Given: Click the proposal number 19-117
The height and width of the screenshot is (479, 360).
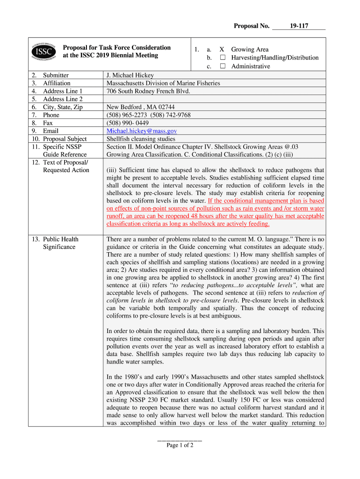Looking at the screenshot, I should (299, 26).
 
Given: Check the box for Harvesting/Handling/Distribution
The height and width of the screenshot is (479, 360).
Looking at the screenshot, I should (223, 58).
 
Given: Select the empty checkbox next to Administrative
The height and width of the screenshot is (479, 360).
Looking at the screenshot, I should (223, 66).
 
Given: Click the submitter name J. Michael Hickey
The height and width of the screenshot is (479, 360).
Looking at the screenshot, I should (130, 75).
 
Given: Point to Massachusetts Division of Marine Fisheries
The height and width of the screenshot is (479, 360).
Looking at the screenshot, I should (163, 83).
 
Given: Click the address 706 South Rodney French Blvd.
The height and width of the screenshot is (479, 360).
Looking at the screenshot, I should (148, 91).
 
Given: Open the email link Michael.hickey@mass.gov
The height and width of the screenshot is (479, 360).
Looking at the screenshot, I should (142, 131).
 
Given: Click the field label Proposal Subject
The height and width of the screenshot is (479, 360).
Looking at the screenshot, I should (65, 139).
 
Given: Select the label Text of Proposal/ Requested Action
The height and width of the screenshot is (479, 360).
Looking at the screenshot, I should (65, 166).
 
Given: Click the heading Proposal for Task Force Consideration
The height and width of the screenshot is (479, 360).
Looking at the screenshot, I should (117, 48).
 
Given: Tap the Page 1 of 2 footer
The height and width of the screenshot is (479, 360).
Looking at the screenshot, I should (180, 445).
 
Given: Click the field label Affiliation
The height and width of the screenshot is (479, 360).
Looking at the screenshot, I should (57, 83).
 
